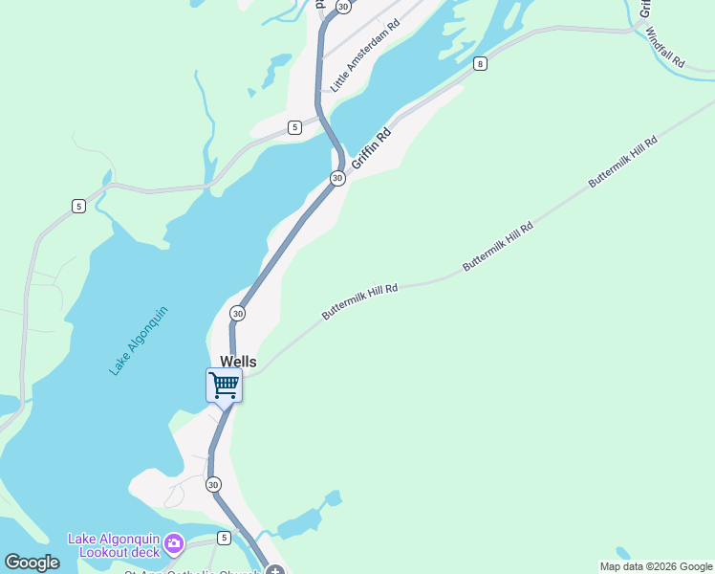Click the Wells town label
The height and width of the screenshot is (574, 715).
[238, 362]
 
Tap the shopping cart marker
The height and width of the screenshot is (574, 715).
[224, 386]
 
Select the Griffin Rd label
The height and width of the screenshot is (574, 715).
[371, 150]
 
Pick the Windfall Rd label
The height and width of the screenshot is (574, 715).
[665, 46]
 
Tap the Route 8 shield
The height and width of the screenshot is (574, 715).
[480, 64]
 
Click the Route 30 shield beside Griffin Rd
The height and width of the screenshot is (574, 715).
[337, 179]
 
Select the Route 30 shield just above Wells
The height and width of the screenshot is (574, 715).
[237, 313]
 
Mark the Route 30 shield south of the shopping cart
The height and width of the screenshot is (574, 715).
[213, 485]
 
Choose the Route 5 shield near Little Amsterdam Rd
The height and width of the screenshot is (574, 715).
[294, 127]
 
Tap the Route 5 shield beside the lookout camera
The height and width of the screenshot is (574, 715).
[225, 538]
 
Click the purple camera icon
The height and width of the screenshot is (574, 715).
[173, 544]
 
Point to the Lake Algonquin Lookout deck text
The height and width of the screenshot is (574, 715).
[112, 544]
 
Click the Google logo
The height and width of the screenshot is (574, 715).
[32, 563]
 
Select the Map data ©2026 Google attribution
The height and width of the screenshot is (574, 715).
[656, 566]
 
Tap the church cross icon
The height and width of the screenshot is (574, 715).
[275, 570]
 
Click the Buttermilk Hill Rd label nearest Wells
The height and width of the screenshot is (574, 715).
[359, 300]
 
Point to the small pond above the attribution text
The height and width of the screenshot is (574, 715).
[623, 553]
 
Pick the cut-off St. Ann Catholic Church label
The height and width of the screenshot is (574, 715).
[191, 571]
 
